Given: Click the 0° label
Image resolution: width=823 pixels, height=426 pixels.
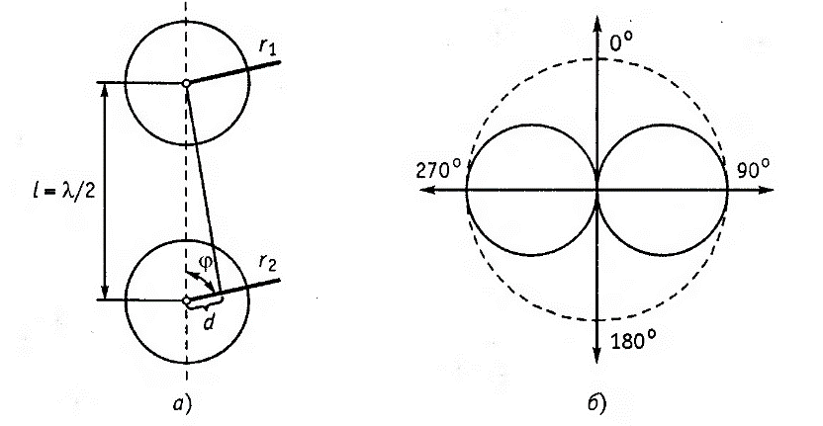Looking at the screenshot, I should (x=621, y=43).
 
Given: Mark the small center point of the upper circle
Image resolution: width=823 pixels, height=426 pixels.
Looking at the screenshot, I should (x=185, y=84).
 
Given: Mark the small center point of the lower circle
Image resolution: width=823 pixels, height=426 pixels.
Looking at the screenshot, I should (x=185, y=299).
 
